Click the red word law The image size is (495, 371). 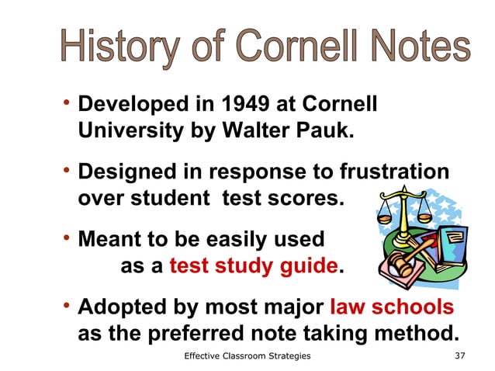point(348,307)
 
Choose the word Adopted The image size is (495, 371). point(122,307)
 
